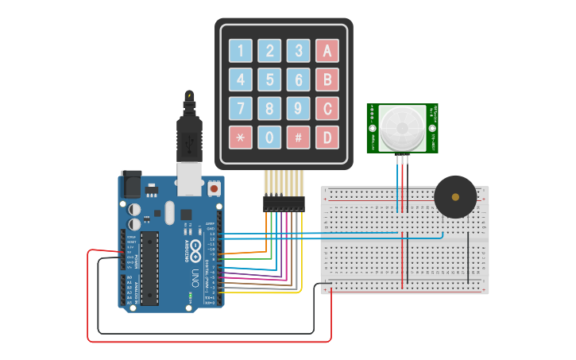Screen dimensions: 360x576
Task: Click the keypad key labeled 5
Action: (x=269, y=79)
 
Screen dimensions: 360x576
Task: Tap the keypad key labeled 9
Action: (x=298, y=108)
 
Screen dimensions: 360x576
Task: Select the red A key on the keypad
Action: (x=327, y=51)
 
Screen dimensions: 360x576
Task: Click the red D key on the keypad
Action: (x=327, y=137)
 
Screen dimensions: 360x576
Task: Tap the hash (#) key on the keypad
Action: (x=298, y=137)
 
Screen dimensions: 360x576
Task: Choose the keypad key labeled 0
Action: (x=269, y=137)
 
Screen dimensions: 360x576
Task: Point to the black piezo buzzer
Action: (x=455, y=197)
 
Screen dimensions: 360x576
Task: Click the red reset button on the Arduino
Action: (x=214, y=189)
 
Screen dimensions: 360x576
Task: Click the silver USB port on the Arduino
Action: (x=189, y=180)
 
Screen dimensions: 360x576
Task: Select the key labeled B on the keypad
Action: (x=327, y=79)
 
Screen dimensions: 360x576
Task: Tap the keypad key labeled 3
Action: (x=298, y=51)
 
